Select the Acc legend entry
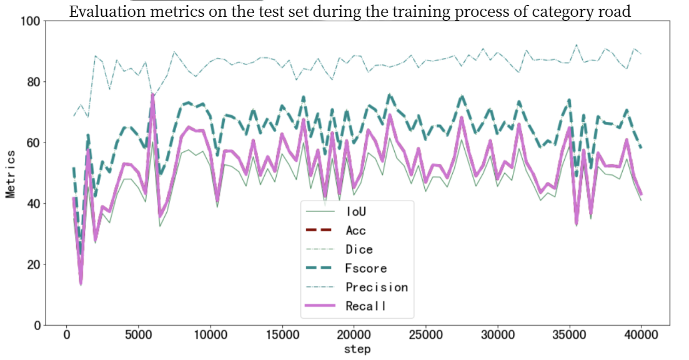pyautogui.click(x=355, y=231)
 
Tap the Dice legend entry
pyautogui.click(x=359, y=249)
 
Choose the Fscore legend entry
pyautogui.click(x=366, y=268)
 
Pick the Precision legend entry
pyautogui.click(x=376, y=287)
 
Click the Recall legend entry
pyautogui.click(x=365, y=306)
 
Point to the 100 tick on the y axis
pyautogui.click(x=31, y=21)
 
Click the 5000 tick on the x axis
pyautogui.click(x=138, y=335)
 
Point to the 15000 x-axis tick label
pyautogui.click(x=282, y=335)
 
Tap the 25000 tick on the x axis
pyautogui.click(x=425, y=335)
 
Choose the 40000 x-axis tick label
pyautogui.click(x=641, y=335)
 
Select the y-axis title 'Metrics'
pyautogui.click(x=11, y=173)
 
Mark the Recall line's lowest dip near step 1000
pyautogui.click(x=81, y=283)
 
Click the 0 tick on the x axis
pyautogui.click(x=66, y=335)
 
